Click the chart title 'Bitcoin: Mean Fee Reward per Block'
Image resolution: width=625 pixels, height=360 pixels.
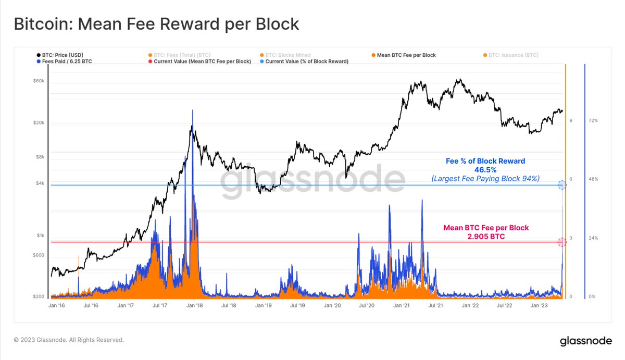click(156, 24)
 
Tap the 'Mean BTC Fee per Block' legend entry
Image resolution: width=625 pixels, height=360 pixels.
click(406, 55)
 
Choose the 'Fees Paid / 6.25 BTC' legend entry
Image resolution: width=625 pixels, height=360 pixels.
click(66, 61)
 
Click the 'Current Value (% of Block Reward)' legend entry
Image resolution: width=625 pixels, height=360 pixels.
click(307, 61)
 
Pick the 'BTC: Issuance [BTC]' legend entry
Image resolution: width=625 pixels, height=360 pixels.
click(513, 55)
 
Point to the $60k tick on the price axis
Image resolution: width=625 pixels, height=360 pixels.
click(39, 81)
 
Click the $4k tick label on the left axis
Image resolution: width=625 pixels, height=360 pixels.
click(40, 183)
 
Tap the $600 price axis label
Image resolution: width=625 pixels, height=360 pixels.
click(39, 255)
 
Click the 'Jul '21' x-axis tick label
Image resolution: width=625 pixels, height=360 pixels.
click(435, 306)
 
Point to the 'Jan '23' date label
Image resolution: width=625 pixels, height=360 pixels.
click(539, 306)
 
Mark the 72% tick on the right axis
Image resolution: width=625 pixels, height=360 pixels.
click(593, 120)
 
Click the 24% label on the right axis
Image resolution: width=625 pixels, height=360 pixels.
click(593, 238)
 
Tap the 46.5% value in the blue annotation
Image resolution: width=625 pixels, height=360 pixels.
click(485, 170)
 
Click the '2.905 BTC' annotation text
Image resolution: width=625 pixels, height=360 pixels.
click(485, 237)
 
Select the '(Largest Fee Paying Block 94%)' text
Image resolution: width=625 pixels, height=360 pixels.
click(485, 179)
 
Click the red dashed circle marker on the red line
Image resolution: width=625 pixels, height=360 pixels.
click(561, 242)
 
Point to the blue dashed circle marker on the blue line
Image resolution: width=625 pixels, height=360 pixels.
click(561, 184)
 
